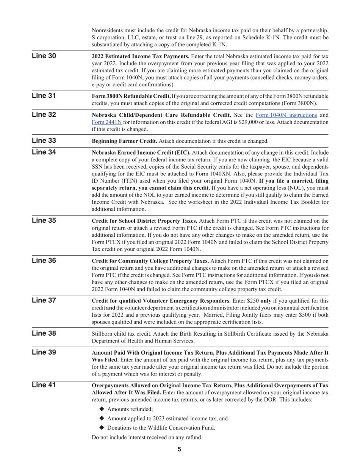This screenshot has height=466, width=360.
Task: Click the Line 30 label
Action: click(44, 56)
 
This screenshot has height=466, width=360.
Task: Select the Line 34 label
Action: click(44, 152)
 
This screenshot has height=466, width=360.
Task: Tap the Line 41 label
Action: click(44, 385)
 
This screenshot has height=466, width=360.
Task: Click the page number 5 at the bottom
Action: click(179, 449)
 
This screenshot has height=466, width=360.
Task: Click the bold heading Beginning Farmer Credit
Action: click(125, 141)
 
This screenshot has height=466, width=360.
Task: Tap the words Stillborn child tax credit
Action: click(123, 334)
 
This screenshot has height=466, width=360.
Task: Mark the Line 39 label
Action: click(44, 352)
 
